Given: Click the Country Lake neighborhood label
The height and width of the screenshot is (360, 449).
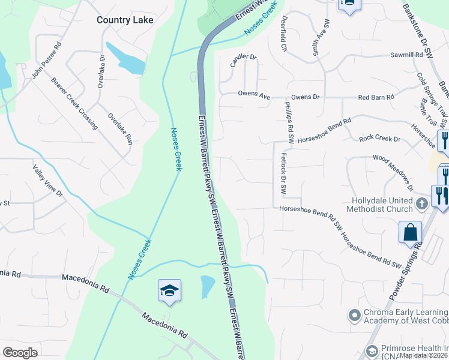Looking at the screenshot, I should click(125, 20).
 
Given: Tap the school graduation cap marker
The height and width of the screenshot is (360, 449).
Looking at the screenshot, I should click(169, 292).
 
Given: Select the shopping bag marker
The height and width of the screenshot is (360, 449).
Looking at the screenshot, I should click(411, 233).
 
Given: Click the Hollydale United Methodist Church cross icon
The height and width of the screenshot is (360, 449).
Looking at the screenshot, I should click(421, 203).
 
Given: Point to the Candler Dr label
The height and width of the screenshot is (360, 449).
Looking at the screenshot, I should click(243, 60).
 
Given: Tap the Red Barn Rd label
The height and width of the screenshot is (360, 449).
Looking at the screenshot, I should click(376, 97).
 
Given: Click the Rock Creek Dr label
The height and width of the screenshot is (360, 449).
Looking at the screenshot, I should click(379, 139).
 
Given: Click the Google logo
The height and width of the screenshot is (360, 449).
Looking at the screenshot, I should click(20, 353).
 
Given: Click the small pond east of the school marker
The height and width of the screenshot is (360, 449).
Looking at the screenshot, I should click(207, 286).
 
